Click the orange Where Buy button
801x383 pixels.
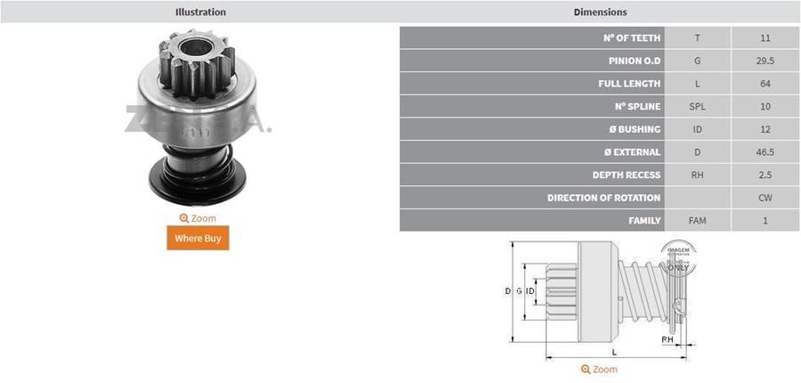click(x=198, y=238)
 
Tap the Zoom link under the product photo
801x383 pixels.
click(x=198, y=218)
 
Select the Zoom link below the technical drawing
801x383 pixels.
click(x=599, y=369)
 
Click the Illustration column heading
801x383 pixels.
click(x=200, y=12)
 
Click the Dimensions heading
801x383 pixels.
click(x=600, y=12)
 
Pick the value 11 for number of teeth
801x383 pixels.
click(x=765, y=38)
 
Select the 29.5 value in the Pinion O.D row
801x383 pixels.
click(x=765, y=61)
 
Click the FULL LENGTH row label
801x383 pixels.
click(x=629, y=84)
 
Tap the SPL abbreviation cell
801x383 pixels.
click(x=698, y=106)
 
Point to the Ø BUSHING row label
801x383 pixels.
click(x=633, y=129)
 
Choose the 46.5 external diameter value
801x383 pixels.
click(x=765, y=151)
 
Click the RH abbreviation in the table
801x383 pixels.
click(x=698, y=175)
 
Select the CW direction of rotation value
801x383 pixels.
click(x=765, y=197)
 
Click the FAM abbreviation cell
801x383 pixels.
click(x=698, y=220)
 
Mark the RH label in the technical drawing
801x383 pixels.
click(x=667, y=339)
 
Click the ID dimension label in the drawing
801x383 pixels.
click(x=530, y=291)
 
